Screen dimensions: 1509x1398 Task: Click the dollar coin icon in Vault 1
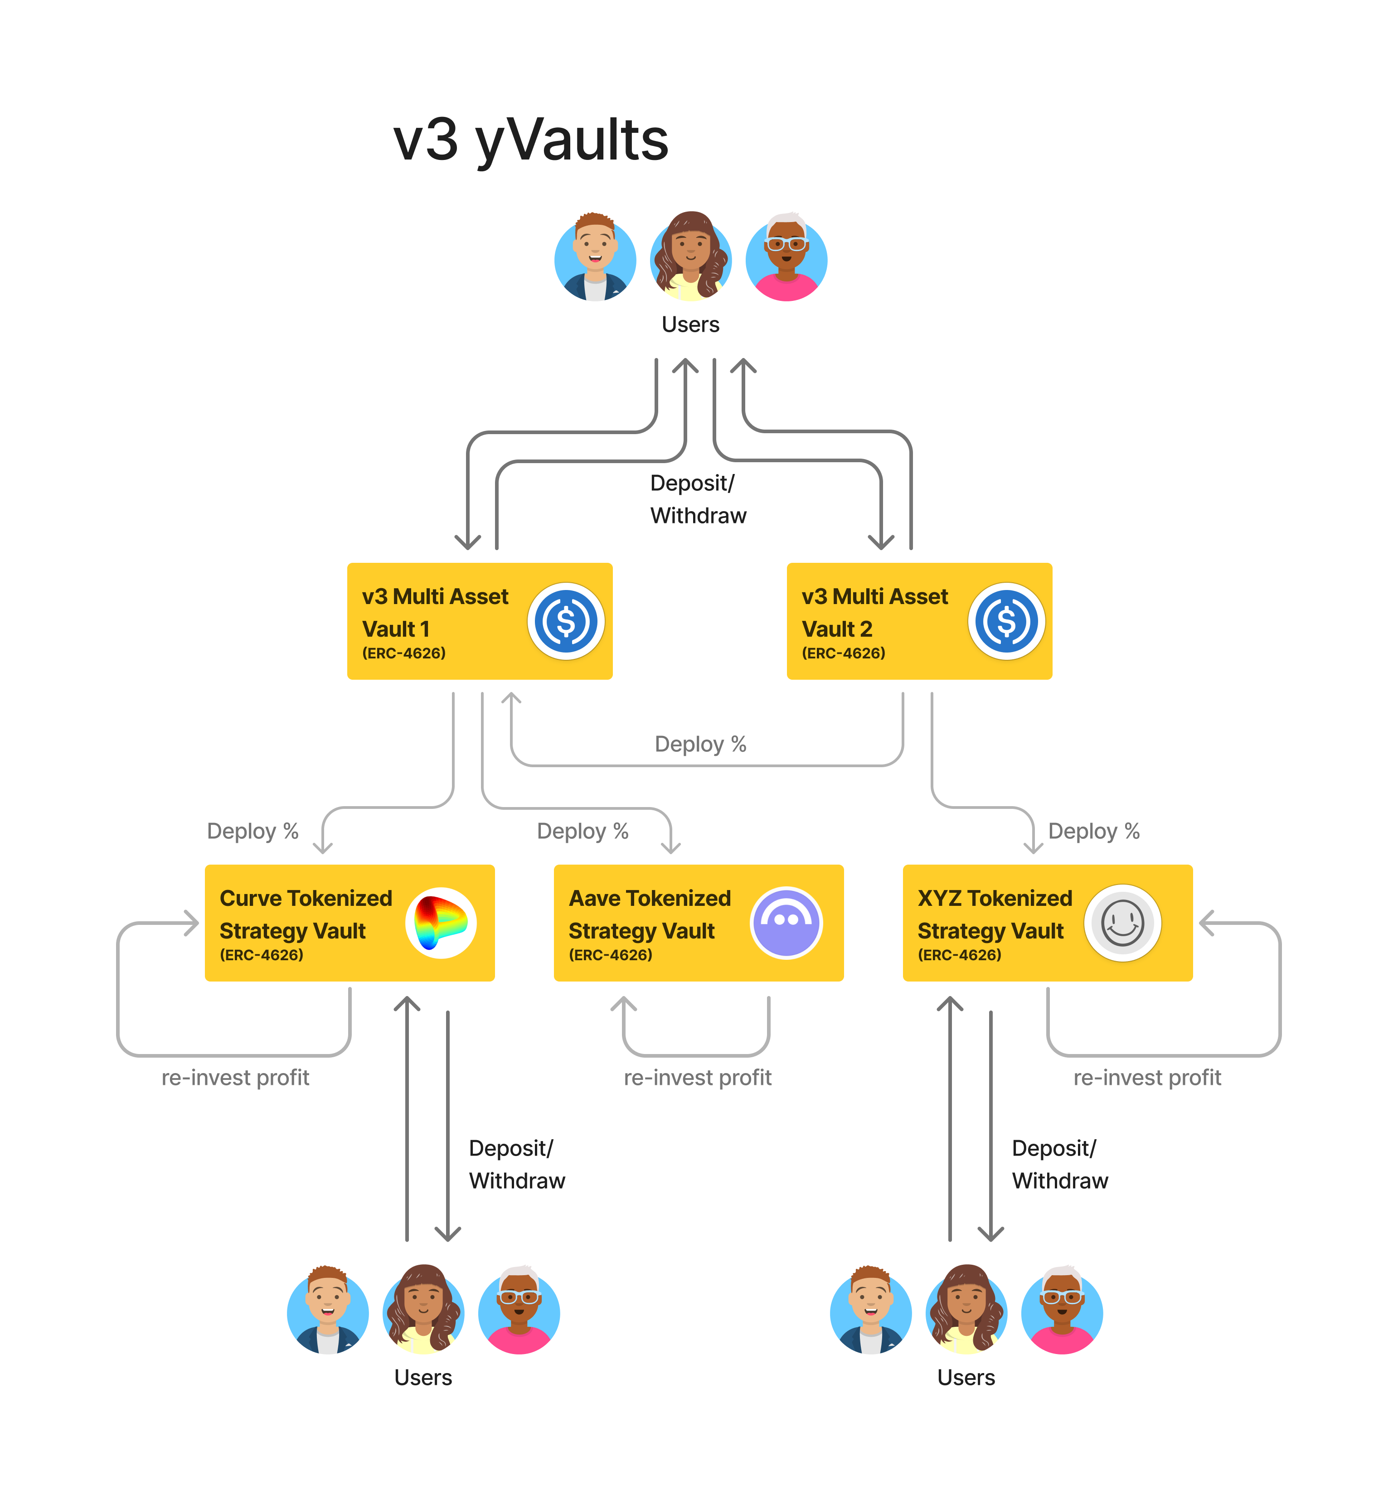tap(566, 621)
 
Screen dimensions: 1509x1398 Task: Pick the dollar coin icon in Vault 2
tap(1006, 621)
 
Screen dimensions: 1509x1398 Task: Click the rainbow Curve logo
tap(441, 923)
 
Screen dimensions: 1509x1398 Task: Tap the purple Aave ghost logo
tap(786, 923)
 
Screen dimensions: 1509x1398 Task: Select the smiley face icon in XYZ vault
tap(1123, 923)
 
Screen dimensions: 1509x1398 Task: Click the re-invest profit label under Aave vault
tap(698, 1077)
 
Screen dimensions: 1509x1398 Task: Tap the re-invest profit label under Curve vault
tap(235, 1077)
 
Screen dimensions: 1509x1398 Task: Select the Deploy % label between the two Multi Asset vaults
tap(700, 744)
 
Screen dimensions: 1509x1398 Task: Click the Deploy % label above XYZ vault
tap(1094, 831)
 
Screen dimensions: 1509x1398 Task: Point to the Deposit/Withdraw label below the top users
tap(698, 499)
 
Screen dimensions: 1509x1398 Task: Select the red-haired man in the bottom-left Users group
tap(328, 1311)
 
